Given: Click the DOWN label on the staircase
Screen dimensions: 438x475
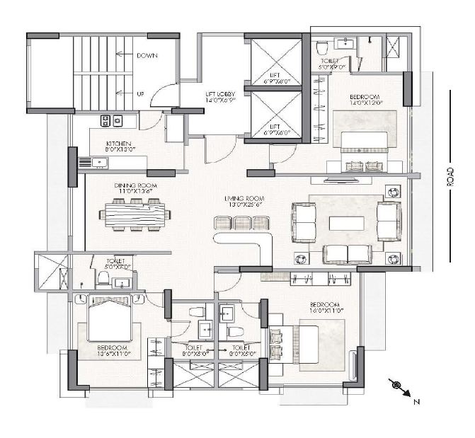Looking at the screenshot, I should tap(147, 54).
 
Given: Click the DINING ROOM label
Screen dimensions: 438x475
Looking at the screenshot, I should tap(135, 187).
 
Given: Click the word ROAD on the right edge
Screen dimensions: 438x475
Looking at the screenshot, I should tap(450, 177).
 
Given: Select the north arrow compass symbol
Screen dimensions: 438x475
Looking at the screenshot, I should tap(399, 387).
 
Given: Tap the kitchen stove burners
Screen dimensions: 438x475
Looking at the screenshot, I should tap(110, 120).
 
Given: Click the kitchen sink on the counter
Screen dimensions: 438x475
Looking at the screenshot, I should tap(100, 163).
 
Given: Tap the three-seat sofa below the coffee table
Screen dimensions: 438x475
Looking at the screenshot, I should tap(347, 254).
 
